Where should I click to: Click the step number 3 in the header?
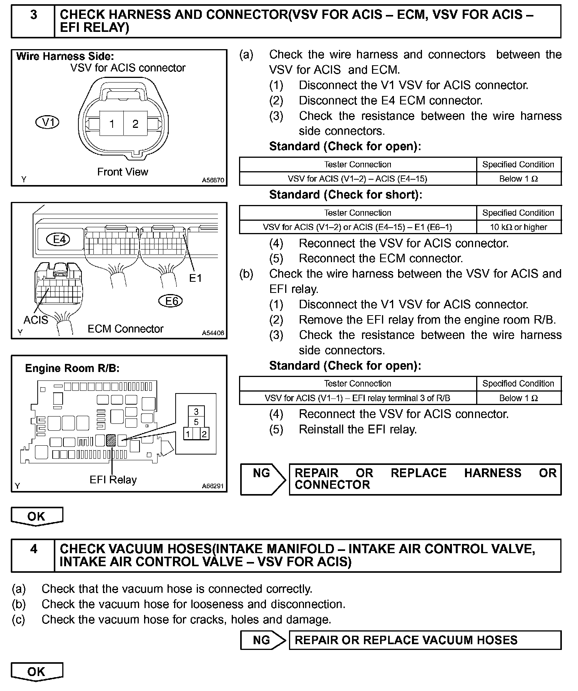point(33,15)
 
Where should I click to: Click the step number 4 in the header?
point(33,549)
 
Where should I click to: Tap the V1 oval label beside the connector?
point(47,122)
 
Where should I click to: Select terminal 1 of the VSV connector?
point(112,124)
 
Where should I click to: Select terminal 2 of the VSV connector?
point(135,124)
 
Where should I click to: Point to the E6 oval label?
point(170,301)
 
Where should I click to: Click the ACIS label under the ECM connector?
point(36,320)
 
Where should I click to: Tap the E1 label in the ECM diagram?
point(196,278)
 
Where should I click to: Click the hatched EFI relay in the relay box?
point(111,440)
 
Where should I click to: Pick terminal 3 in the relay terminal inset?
point(196,412)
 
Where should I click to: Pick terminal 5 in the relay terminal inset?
point(196,422)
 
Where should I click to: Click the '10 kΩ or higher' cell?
point(518,227)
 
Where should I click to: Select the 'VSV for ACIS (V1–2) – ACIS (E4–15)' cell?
point(357,179)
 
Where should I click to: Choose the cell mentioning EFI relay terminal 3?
point(357,398)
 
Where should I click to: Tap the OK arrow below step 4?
point(37,672)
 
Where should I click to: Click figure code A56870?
point(213,180)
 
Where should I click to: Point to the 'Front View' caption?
point(122,172)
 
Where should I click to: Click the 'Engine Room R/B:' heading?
point(72,369)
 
